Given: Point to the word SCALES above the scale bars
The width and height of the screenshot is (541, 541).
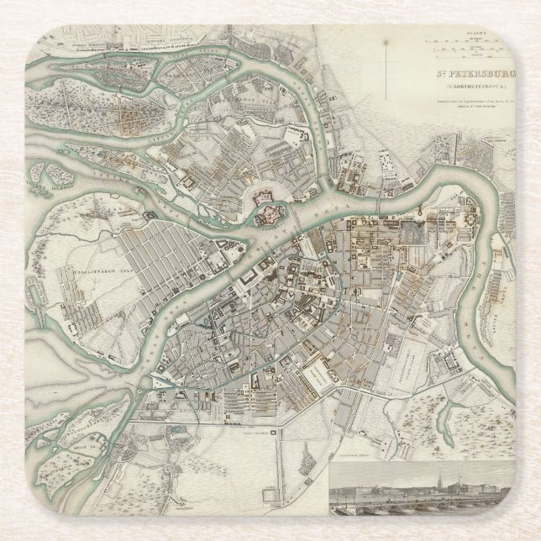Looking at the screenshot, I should click(458, 34).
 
